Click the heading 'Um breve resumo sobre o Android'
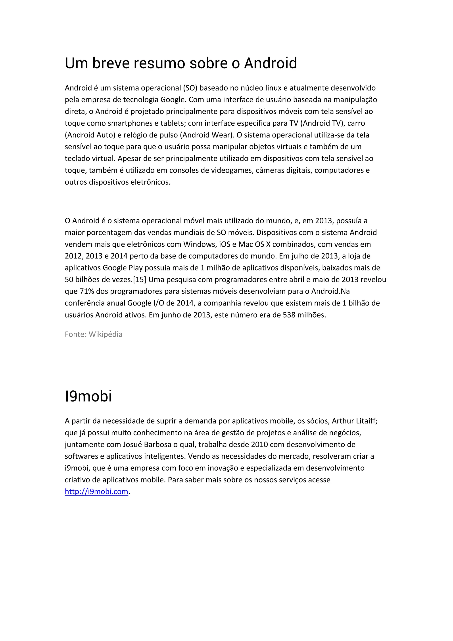pos(181,63)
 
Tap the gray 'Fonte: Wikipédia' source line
pos(93,334)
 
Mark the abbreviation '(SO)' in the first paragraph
pos(190,88)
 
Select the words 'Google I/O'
pos(143,303)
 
